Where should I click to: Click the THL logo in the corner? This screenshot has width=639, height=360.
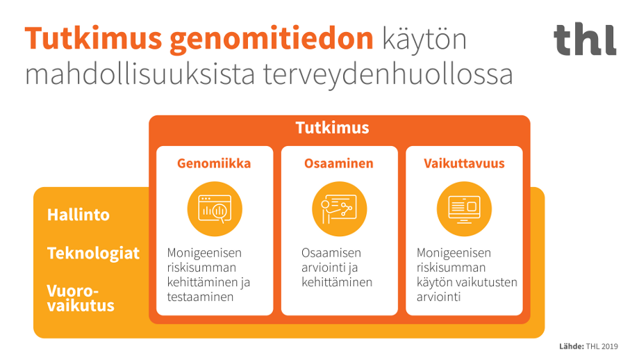pyautogui.click(x=585, y=40)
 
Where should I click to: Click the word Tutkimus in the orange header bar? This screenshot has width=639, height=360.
pyautogui.click(x=332, y=129)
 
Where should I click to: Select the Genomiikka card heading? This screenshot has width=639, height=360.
pyautogui.click(x=214, y=164)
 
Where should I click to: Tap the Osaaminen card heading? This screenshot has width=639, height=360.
pyautogui.click(x=339, y=164)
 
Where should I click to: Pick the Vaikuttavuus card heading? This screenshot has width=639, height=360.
pyautogui.click(x=464, y=164)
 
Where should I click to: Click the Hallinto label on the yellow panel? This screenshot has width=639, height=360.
pyautogui.click(x=78, y=215)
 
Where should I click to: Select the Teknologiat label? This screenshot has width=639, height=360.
pyautogui.click(x=93, y=253)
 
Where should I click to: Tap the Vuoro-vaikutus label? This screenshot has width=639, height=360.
pyautogui.click(x=81, y=298)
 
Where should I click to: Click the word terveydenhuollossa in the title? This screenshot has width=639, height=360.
pyautogui.click(x=388, y=74)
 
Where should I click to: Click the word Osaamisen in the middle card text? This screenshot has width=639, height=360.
pyautogui.click(x=331, y=253)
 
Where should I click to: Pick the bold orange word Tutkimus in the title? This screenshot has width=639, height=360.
pyautogui.click(x=92, y=40)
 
